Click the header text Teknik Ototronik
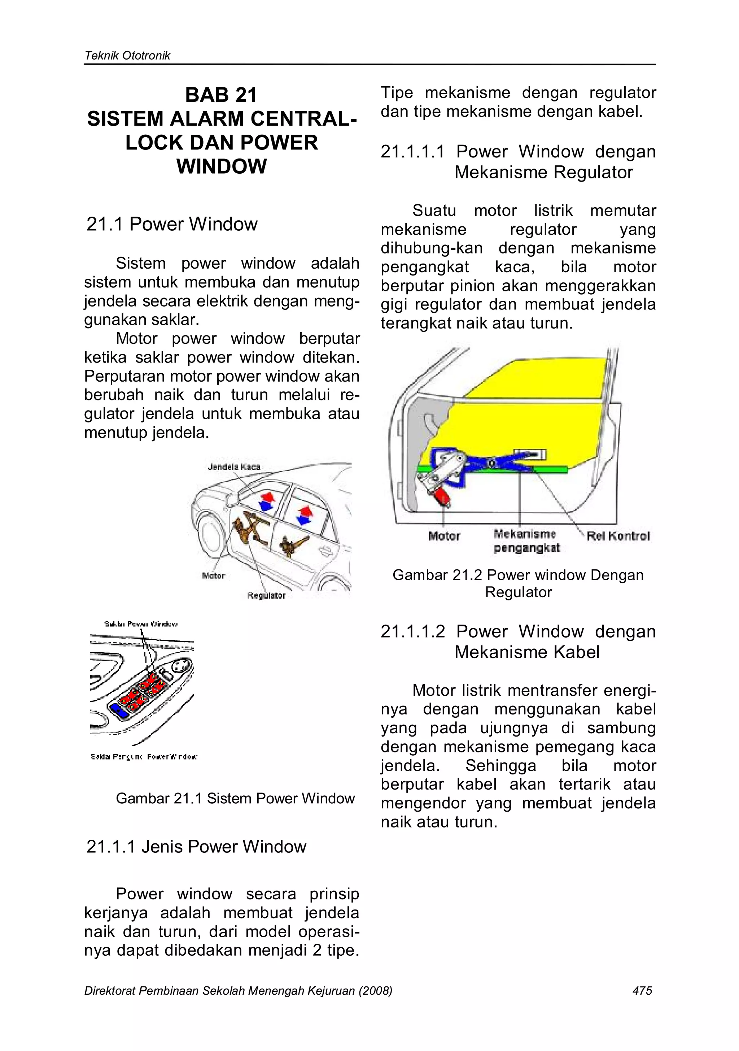click(x=127, y=56)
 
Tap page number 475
click(x=642, y=991)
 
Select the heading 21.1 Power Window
click(x=172, y=224)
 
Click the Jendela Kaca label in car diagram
click(x=234, y=467)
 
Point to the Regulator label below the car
click(x=266, y=595)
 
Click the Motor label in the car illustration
click(x=213, y=576)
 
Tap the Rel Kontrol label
click(x=618, y=536)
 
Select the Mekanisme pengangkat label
click(x=526, y=540)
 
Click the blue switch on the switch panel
click(x=118, y=710)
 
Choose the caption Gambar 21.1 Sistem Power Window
click(x=235, y=798)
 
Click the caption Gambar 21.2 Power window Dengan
click(x=517, y=575)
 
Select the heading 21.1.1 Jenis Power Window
click(x=196, y=847)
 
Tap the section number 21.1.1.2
click(x=412, y=632)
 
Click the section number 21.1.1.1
click(x=412, y=152)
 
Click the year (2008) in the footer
click(x=375, y=991)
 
